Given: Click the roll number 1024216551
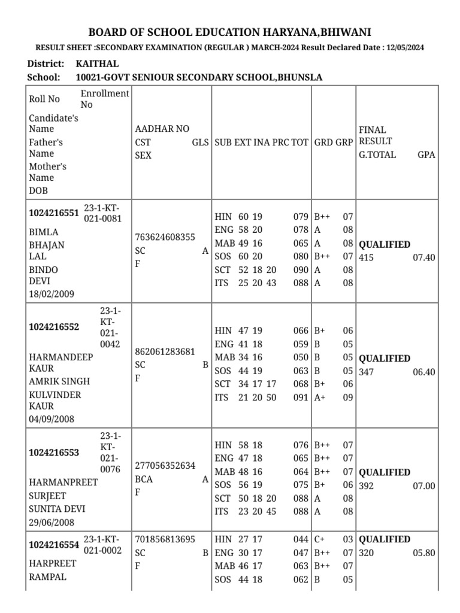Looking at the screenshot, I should point(54,213).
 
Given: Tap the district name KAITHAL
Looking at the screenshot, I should point(97,63).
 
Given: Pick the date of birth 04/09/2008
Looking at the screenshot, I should point(52,419).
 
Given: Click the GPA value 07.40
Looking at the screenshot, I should point(423,257).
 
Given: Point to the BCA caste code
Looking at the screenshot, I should point(144,479).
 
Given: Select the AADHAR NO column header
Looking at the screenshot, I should point(162,129).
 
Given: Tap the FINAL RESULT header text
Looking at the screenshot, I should point(375,135).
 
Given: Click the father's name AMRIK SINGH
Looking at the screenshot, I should point(60,381).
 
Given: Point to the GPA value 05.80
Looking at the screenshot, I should point(423,553).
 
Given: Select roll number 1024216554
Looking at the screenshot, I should point(54,545).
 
